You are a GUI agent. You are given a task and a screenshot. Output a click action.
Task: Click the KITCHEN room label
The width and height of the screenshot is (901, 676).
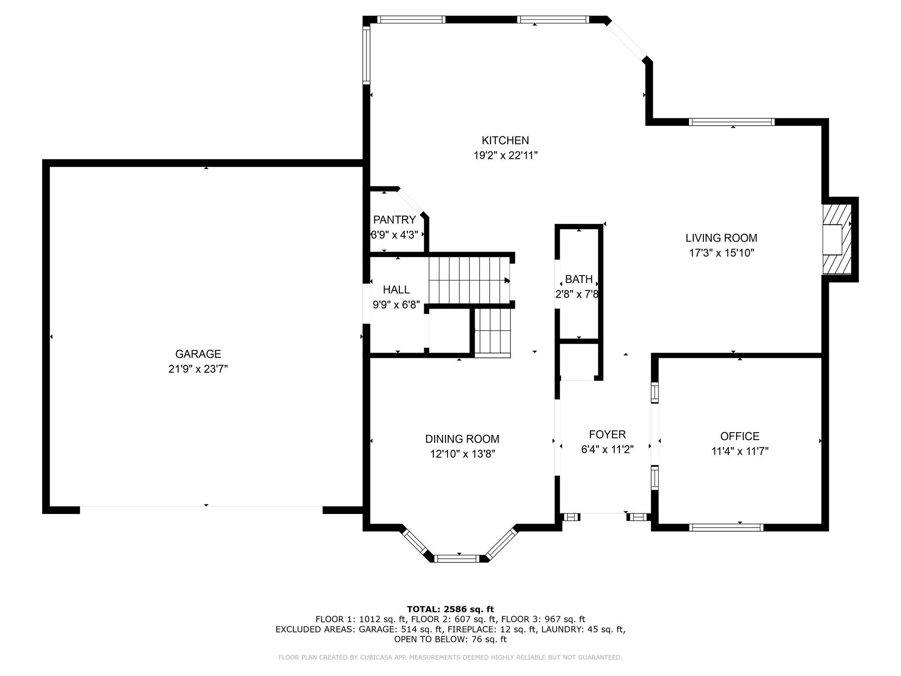tap(505, 140)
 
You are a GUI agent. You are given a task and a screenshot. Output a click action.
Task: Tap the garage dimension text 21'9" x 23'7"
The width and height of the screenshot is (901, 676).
tap(198, 369)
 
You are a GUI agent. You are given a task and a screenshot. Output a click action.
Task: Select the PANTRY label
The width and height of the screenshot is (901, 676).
tap(394, 220)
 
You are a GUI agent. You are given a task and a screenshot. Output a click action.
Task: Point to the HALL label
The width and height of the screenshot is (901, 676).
tap(396, 290)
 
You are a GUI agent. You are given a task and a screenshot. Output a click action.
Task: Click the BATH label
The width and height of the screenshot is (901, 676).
tap(579, 279)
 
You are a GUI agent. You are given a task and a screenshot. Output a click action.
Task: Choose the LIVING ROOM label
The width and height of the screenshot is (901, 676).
tap(721, 238)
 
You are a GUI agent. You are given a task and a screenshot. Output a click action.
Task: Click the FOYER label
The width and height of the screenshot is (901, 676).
tap(607, 435)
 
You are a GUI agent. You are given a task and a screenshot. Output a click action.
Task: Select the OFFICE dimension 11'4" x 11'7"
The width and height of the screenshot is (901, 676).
tap(740, 451)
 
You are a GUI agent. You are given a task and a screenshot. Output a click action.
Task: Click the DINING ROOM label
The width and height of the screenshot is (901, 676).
tap(462, 439)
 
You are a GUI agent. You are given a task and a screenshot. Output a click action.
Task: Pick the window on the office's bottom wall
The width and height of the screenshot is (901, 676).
tap(726, 527)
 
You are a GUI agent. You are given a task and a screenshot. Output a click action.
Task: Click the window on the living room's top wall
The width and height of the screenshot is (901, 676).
tap(732, 122)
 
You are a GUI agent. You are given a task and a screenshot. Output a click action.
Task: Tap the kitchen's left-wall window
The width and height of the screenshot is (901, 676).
tap(366, 55)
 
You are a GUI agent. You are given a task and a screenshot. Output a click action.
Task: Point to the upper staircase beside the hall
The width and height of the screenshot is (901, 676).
tap(469, 280)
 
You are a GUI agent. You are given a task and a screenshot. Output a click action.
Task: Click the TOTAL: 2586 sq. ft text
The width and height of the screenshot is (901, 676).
tap(450, 609)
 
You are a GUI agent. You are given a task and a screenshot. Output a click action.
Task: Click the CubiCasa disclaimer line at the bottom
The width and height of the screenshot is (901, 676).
tap(450, 658)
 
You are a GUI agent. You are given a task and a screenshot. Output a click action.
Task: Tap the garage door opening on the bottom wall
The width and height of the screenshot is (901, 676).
tap(201, 507)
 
